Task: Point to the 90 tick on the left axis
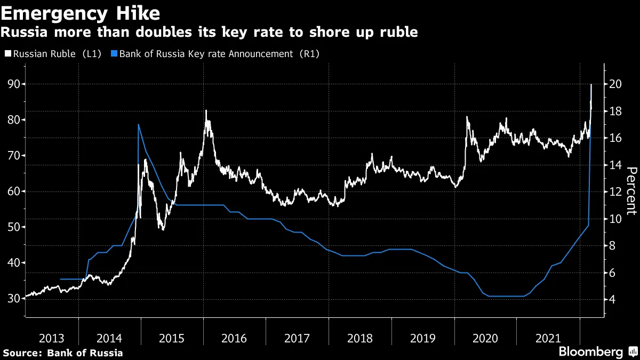13,84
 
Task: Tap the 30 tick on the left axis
13,299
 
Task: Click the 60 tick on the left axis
13,191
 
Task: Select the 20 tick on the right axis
615,84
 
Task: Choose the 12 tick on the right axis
615,191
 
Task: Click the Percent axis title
631,190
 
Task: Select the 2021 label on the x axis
548,338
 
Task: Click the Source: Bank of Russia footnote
63,353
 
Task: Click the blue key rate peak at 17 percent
139,125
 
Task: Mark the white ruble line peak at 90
591,85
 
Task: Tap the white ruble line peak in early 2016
206,111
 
